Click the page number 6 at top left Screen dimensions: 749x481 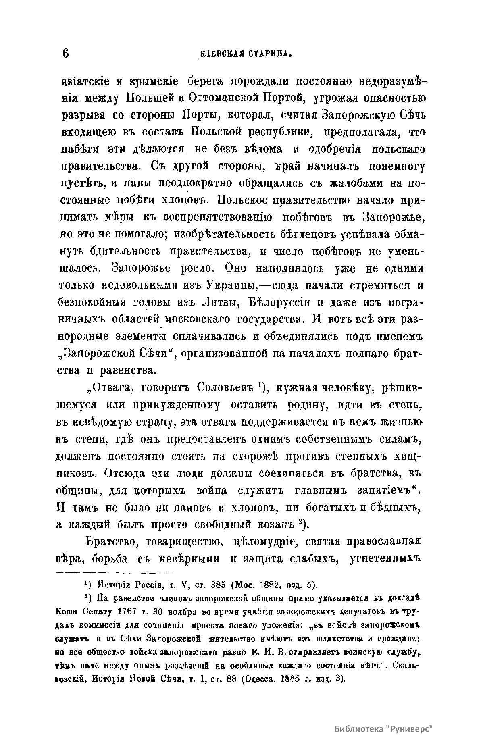click(66, 53)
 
